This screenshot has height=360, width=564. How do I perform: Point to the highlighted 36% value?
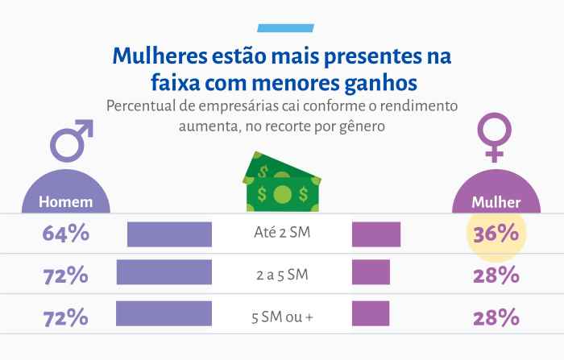click(496, 234)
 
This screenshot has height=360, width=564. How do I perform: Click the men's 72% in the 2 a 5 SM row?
click(65, 275)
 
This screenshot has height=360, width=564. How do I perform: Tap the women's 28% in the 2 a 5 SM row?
click(496, 275)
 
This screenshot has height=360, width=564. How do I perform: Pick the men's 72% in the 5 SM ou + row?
click(65, 317)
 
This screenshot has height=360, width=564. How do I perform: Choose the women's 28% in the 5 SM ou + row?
click(496, 317)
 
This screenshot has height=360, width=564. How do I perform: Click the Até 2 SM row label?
click(281, 234)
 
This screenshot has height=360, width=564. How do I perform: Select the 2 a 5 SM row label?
click(281, 275)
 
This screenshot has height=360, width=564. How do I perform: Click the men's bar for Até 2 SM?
click(169, 234)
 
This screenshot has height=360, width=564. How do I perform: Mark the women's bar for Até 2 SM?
click(376, 234)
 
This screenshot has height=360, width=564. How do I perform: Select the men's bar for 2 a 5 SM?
click(164, 272)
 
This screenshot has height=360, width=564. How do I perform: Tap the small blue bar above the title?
click(281, 28)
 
